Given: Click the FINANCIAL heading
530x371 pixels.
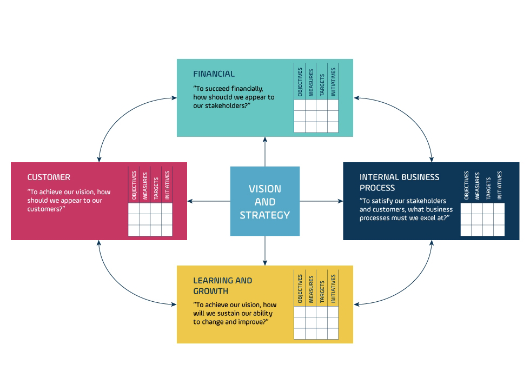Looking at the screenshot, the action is pos(214,74).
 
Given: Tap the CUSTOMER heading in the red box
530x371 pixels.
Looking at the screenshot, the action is pos(49,177).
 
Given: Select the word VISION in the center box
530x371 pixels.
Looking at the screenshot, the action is pos(265,189).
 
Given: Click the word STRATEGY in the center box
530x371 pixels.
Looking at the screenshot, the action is pos(265,215).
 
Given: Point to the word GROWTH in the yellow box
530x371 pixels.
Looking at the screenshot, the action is pos(210,291).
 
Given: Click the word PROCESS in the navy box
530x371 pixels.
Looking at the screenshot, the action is pos(377,188).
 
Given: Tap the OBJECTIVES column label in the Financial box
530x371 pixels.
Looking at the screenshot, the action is pos(300,82).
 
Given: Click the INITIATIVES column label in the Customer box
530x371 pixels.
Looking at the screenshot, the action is pos(167,185).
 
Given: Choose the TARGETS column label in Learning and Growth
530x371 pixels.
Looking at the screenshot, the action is pos(322,291).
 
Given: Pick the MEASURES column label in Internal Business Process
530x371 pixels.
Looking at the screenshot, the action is pos(477,186).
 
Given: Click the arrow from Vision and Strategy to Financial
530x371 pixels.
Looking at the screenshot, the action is pos(265,152).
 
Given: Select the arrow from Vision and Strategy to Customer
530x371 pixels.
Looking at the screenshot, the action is pos(209,201).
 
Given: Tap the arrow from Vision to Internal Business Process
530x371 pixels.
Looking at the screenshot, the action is pos(321,201).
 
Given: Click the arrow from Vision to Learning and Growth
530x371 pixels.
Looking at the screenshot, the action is pos(265,250).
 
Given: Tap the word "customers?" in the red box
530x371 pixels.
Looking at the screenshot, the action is pos(47,209).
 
